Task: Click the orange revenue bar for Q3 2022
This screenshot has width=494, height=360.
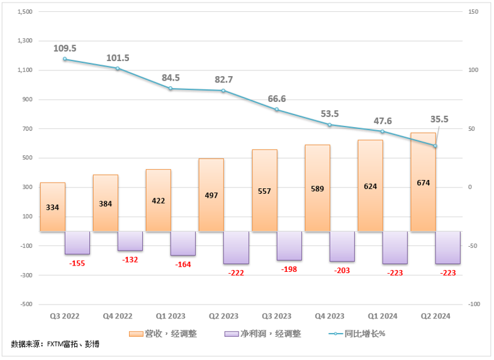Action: coord(53,207)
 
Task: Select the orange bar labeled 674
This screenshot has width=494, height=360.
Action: coord(423,183)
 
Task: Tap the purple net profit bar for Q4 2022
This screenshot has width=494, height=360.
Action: coord(130,241)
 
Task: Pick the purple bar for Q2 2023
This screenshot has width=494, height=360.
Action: coord(236,247)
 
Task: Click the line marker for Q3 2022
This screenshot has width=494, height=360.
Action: coord(65,59)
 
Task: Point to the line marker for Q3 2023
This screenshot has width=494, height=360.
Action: coord(276,110)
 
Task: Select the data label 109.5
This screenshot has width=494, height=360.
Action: coord(65,48)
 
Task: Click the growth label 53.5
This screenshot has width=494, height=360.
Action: coord(329,113)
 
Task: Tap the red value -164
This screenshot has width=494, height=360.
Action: coord(183,264)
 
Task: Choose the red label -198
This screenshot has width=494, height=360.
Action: coord(289,269)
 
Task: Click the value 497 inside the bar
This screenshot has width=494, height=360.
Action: coord(211,196)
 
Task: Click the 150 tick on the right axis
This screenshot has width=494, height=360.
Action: coord(473,11)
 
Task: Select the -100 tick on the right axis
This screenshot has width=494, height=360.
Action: coord(473,304)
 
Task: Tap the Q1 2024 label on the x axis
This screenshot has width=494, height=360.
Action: coord(382,316)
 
